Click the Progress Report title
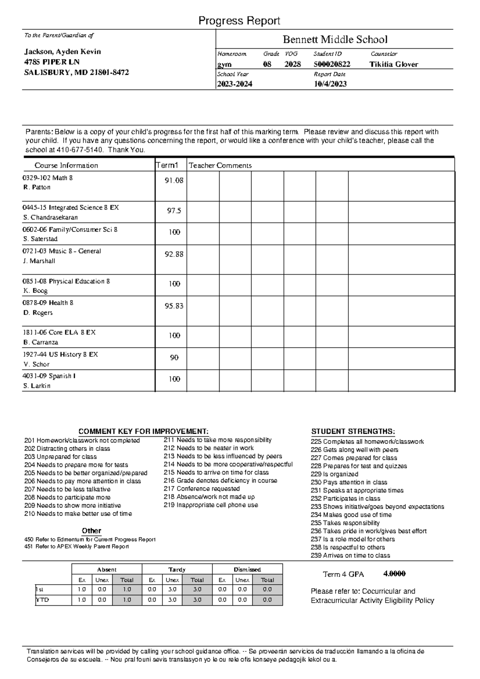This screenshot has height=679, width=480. click(239, 21)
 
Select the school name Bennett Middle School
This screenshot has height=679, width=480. click(335, 39)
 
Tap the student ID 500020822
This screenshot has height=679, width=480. click(332, 64)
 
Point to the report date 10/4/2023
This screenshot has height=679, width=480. click(330, 84)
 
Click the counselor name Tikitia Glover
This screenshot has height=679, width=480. click(394, 64)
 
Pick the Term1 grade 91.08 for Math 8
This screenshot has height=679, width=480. click(174, 181)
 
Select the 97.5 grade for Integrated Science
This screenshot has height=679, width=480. click(174, 211)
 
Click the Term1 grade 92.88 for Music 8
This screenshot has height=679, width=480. click(174, 254)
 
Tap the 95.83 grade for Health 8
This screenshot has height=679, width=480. click(174, 306)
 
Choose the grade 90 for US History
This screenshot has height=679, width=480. click(174, 358)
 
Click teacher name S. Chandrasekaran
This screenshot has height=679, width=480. click(50, 218)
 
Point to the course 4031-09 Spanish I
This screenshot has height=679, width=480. click(50, 376)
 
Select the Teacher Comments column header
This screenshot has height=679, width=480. click(220, 166)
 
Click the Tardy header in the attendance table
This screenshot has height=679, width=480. click(177, 569)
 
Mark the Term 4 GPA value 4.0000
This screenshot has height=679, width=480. click(394, 574)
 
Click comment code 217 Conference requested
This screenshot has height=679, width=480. click(202, 489)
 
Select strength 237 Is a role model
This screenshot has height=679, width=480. click(352, 539)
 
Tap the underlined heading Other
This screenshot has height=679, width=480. click(91, 531)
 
